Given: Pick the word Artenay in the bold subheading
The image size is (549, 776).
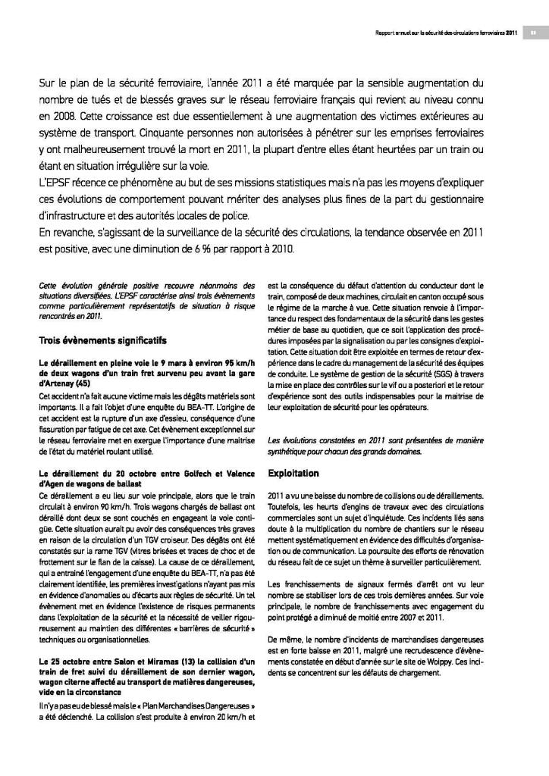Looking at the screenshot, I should pos(63,383).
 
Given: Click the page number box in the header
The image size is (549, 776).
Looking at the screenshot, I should pos(532,33).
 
